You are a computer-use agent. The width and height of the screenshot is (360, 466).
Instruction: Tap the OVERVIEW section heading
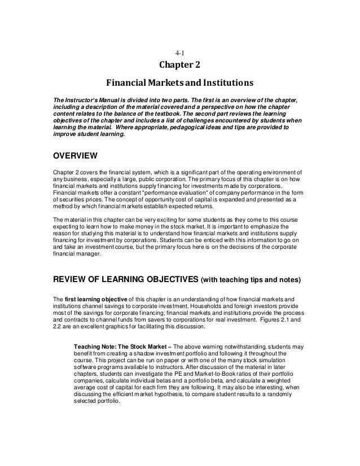(76, 155)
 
